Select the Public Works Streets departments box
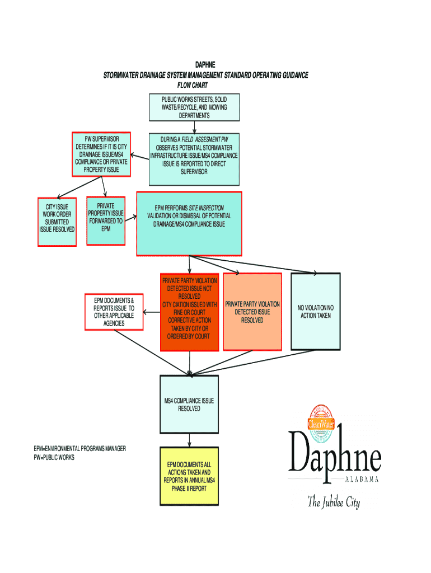(194, 107)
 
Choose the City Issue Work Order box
(57, 222)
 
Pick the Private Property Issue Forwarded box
(106, 220)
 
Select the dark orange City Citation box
(189, 312)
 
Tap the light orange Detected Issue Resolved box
(252, 312)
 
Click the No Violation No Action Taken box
(315, 312)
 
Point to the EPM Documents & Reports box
(114, 312)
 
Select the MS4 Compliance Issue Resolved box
(189, 404)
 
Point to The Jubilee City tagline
(334, 502)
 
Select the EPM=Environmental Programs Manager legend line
(79, 449)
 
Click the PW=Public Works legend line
(54, 457)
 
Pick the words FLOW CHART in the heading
(193, 86)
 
